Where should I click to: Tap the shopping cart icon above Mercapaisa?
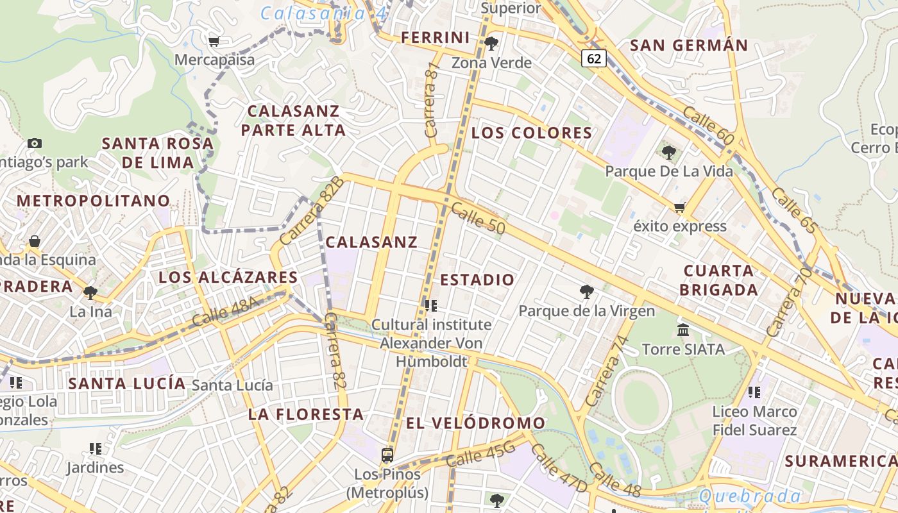pyautogui.click(x=214, y=42)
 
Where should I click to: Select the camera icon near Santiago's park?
pyautogui.click(x=35, y=143)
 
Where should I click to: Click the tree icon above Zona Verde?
pyautogui.click(x=491, y=44)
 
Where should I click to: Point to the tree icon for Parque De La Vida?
pyautogui.click(x=669, y=153)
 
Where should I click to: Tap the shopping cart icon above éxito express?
pyautogui.click(x=679, y=207)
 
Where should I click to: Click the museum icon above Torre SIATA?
pyautogui.click(x=683, y=330)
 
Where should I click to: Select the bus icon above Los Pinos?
pyautogui.click(x=387, y=455)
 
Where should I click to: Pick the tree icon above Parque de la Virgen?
pyautogui.click(x=586, y=292)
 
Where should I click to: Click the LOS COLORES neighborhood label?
pyautogui.click(x=532, y=133)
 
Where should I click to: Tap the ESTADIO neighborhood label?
pyautogui.click(x=477, y=280)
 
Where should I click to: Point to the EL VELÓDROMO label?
pyautogui.click(x=475, y=423)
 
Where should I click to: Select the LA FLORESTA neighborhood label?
pyautogui.click(x=306, y=414)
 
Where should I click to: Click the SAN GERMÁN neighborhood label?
pyautogui.click(x=689, y=46)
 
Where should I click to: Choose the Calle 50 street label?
pyautogui.click(x=478, y=218)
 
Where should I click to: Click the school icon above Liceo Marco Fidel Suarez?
pyautogui.click(x=754, y=392)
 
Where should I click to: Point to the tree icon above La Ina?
pyautogui.click(x=90, y=293)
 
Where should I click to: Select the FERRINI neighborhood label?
pyautogui.click(x=436, y=38)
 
